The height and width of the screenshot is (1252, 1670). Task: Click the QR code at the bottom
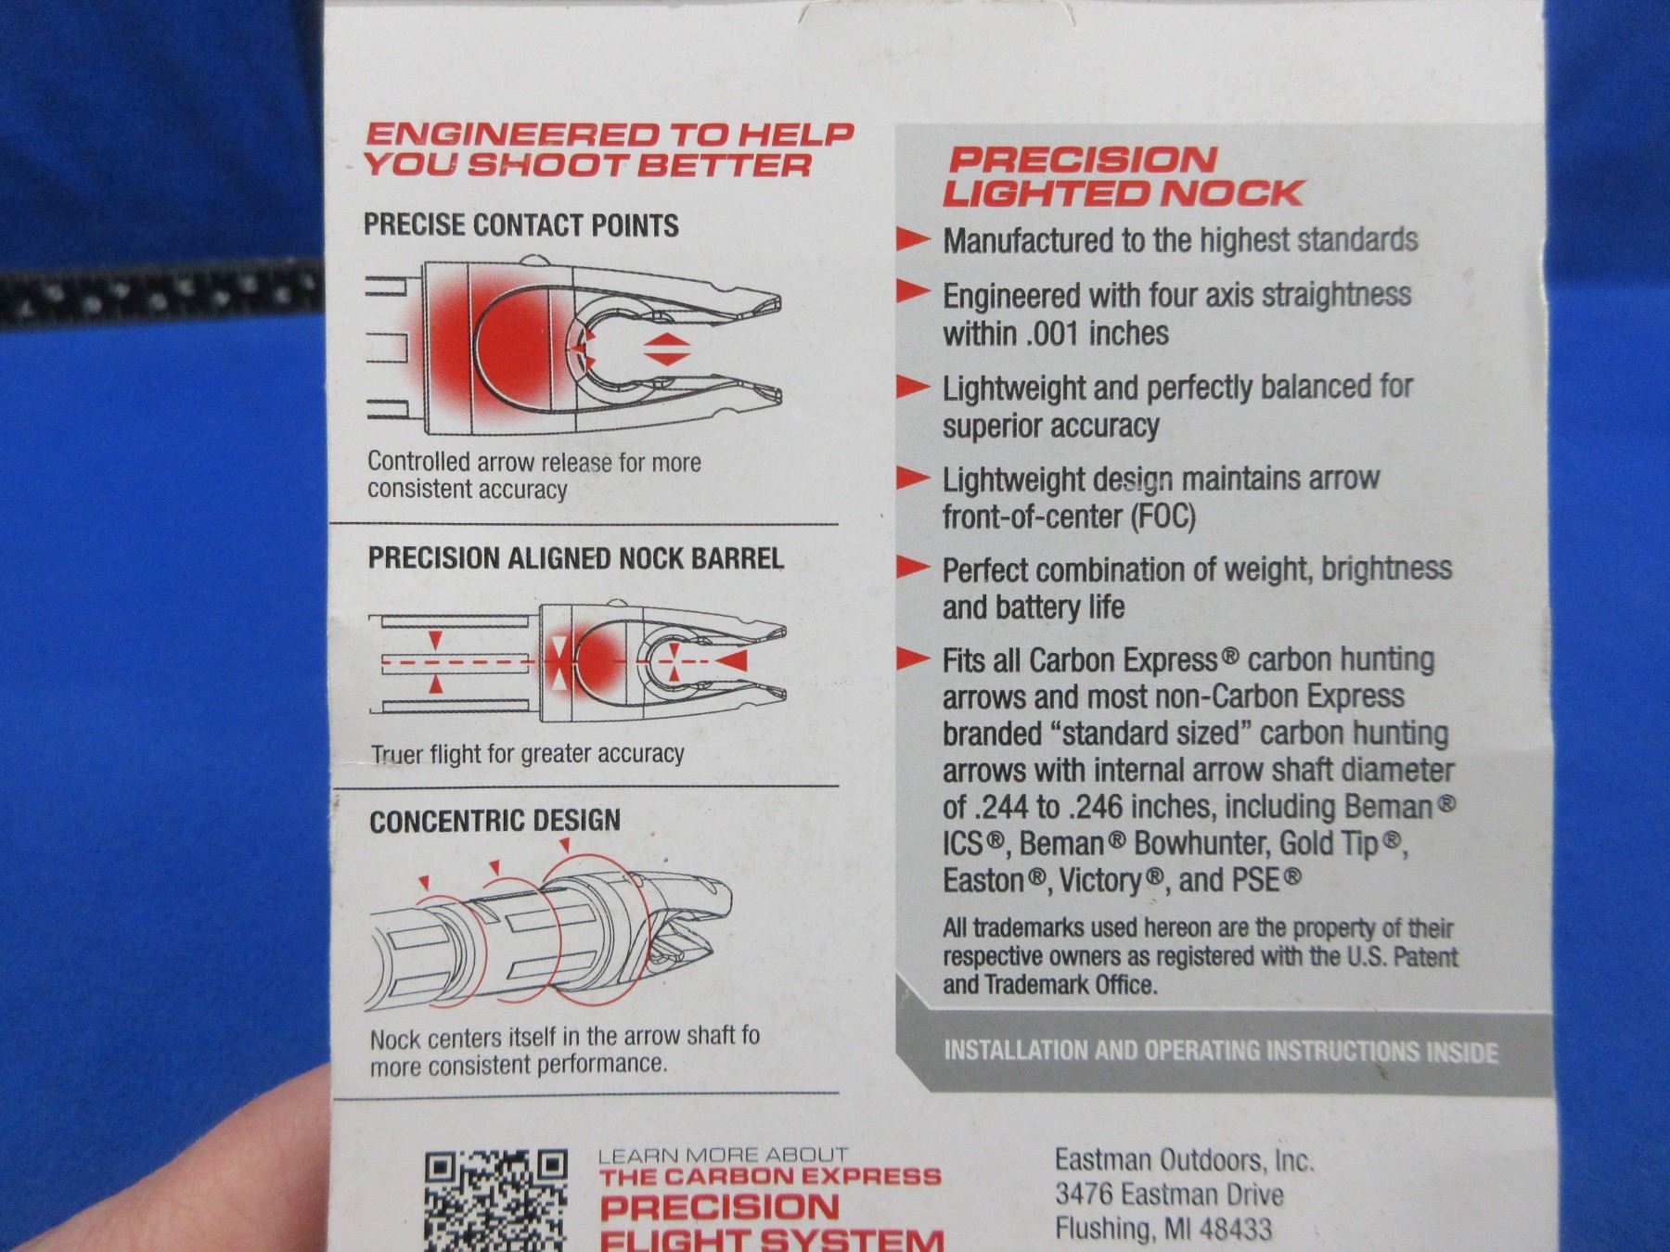pos(495,1200)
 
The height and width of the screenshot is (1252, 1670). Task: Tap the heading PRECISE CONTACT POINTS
pos(520,225)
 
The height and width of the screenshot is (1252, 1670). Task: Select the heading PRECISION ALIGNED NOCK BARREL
pos(575,557)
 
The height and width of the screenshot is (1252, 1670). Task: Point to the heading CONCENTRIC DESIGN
pos(495,821)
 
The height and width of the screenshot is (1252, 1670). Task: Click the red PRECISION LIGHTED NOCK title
pos(1124,176)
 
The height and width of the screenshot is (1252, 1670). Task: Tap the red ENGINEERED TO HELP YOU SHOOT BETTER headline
pos(608,148)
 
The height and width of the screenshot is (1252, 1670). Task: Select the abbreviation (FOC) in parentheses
pos(1163,516)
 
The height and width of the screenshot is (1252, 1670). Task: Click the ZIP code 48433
pos(1235,1230)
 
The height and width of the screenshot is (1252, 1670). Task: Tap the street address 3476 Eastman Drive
pos(1169,1195)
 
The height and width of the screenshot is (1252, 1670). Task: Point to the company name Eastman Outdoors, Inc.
pos(1184,1160)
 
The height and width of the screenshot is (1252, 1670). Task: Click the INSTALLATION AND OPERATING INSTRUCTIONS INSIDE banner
pos(1221,1051)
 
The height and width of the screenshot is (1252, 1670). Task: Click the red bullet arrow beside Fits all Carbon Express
pos(913,659)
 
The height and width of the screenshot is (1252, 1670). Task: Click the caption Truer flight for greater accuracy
pos(527,754)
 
